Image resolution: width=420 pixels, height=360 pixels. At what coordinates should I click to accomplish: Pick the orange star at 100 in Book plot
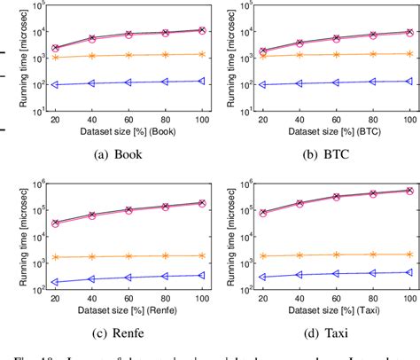203,54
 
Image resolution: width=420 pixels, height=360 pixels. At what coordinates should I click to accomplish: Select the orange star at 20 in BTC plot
262,56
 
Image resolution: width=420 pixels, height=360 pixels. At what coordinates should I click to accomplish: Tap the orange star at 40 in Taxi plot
299,255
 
